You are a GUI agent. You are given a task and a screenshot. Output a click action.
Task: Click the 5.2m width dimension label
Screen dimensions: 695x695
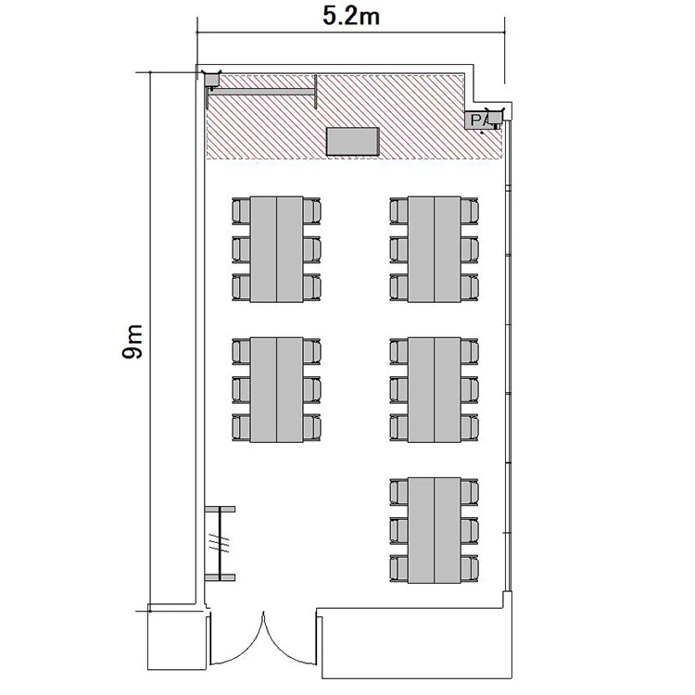(x=350, y=17)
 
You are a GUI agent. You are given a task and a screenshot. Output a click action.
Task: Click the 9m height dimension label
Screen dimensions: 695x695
(x=133, y=341)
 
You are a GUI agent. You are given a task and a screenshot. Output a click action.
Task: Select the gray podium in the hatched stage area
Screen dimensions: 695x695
(x=353, y=142)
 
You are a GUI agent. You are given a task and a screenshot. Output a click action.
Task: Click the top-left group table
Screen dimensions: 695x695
(x=276, y=249)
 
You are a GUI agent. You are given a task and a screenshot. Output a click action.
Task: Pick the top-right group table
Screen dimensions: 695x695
(x=435, y=249)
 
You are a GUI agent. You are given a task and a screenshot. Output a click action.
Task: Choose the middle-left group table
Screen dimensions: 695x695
(x=276, y=390)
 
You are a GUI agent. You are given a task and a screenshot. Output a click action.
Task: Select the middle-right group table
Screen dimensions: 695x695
(x=435, y=390)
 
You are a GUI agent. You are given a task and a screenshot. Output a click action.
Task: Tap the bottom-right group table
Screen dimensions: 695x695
(x=435, y=531)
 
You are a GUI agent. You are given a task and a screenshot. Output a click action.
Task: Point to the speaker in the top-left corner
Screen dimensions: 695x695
(x=211, y=79)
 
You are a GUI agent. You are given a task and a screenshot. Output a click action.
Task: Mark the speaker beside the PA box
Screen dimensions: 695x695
(x=495, y=118)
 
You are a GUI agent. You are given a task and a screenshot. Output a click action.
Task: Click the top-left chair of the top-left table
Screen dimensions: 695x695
(x=241, y=211)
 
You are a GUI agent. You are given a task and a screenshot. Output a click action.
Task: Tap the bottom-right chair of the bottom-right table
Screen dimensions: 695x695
(x=470, y=569)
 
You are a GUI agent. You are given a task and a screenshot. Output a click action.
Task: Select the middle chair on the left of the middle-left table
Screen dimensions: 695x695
(x=241, y=390)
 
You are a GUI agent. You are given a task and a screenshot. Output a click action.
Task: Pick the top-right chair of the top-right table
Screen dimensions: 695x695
(x=470, y=211)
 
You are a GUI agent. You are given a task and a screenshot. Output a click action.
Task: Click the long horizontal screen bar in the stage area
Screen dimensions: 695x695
(x=262, y=92)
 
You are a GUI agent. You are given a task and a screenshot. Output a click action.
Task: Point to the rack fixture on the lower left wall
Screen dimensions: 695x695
(x=220, y=543)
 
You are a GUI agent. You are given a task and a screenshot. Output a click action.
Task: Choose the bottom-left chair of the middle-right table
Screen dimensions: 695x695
(x=398, y=428)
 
